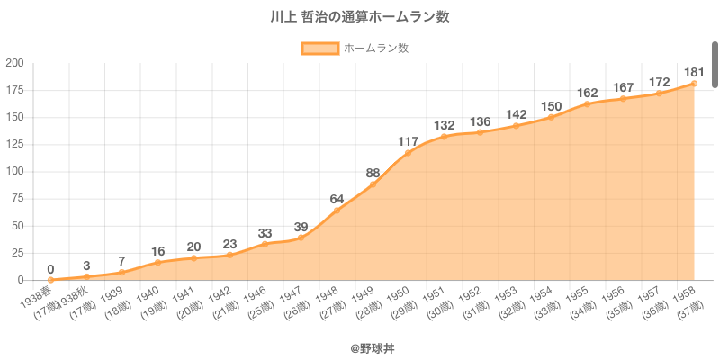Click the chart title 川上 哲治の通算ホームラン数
[x=359, y=16]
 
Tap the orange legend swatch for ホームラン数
[x=319, y=49]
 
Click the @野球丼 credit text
[x=359, y=346]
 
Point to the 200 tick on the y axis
[x=14, y=63]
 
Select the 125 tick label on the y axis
[x=14, y=144]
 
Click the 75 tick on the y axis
[x=17, y=199]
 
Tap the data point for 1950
[x=408, y=153]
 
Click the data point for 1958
[x=694, y=84]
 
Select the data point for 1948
[x=337, y=211]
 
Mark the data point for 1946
[x=265, y=244]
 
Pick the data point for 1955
[x=587, y=104]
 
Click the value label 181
[x=694, y=72]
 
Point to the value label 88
[x=373, y=173]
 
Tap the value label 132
[x=444, y=125]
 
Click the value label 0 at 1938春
[x=50, y=268]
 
